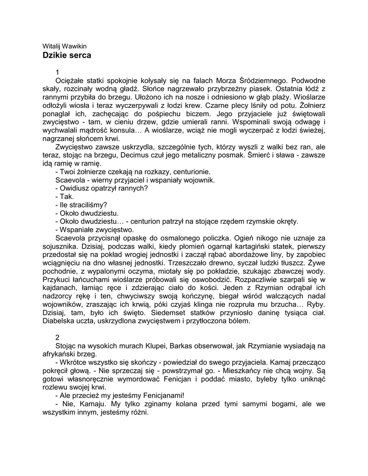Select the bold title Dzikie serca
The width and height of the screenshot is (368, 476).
pyautogui.click(x=67, y=55)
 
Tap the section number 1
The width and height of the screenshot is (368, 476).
pyautogui.click(x=57, y=72)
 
